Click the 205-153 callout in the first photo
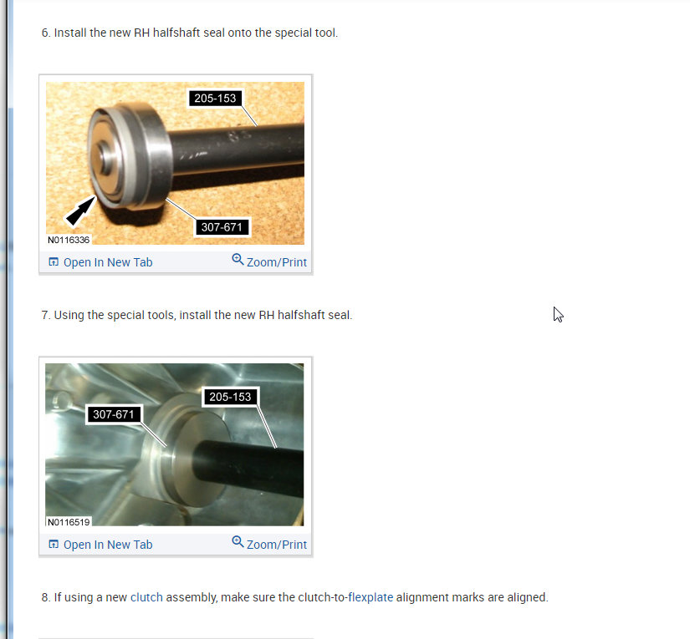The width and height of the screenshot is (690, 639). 215,99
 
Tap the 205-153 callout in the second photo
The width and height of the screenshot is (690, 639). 230,398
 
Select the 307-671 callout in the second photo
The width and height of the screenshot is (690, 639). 114,414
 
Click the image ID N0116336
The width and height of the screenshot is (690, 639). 69,240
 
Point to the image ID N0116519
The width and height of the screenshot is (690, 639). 69,522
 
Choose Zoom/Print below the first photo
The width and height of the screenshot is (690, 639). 276,262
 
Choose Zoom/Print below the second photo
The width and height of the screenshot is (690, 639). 276,545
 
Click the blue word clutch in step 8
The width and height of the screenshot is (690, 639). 146,598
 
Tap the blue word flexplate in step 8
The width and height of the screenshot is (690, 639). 370,598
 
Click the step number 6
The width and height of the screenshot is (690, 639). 45,33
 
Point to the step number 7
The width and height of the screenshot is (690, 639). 45,316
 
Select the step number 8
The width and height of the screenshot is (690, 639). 45,598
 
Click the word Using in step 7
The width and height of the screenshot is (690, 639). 69,316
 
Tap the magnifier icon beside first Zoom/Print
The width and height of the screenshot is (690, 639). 238,260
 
